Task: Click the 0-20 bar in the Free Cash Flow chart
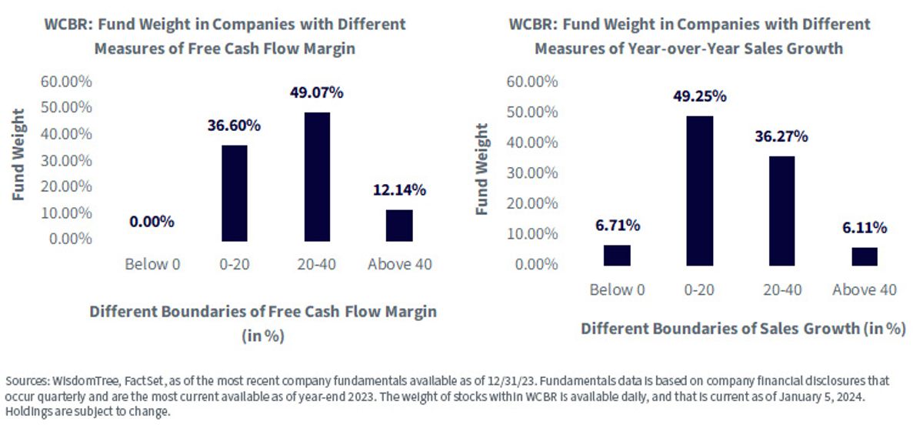point(235,193)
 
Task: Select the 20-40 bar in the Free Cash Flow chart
point(317,176)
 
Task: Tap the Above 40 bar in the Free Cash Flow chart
point(399,226)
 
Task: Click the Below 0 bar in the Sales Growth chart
point(617,256)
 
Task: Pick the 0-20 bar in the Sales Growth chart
point(700,191)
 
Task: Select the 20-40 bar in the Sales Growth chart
point(781,211)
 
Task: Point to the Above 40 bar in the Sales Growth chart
point(865,256)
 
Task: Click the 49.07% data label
point(316,92)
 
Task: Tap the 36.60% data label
point(234,125)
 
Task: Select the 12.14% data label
point(399,190)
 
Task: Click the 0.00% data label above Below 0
point(152,222)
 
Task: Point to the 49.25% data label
point(700,96)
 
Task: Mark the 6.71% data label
point(618,226)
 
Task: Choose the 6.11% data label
point(865,227)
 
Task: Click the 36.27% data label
point(781,136)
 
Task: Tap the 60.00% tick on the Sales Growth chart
point(532,82)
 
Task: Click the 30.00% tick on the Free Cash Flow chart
point(66,160)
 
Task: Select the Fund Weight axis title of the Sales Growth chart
point(481,169)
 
